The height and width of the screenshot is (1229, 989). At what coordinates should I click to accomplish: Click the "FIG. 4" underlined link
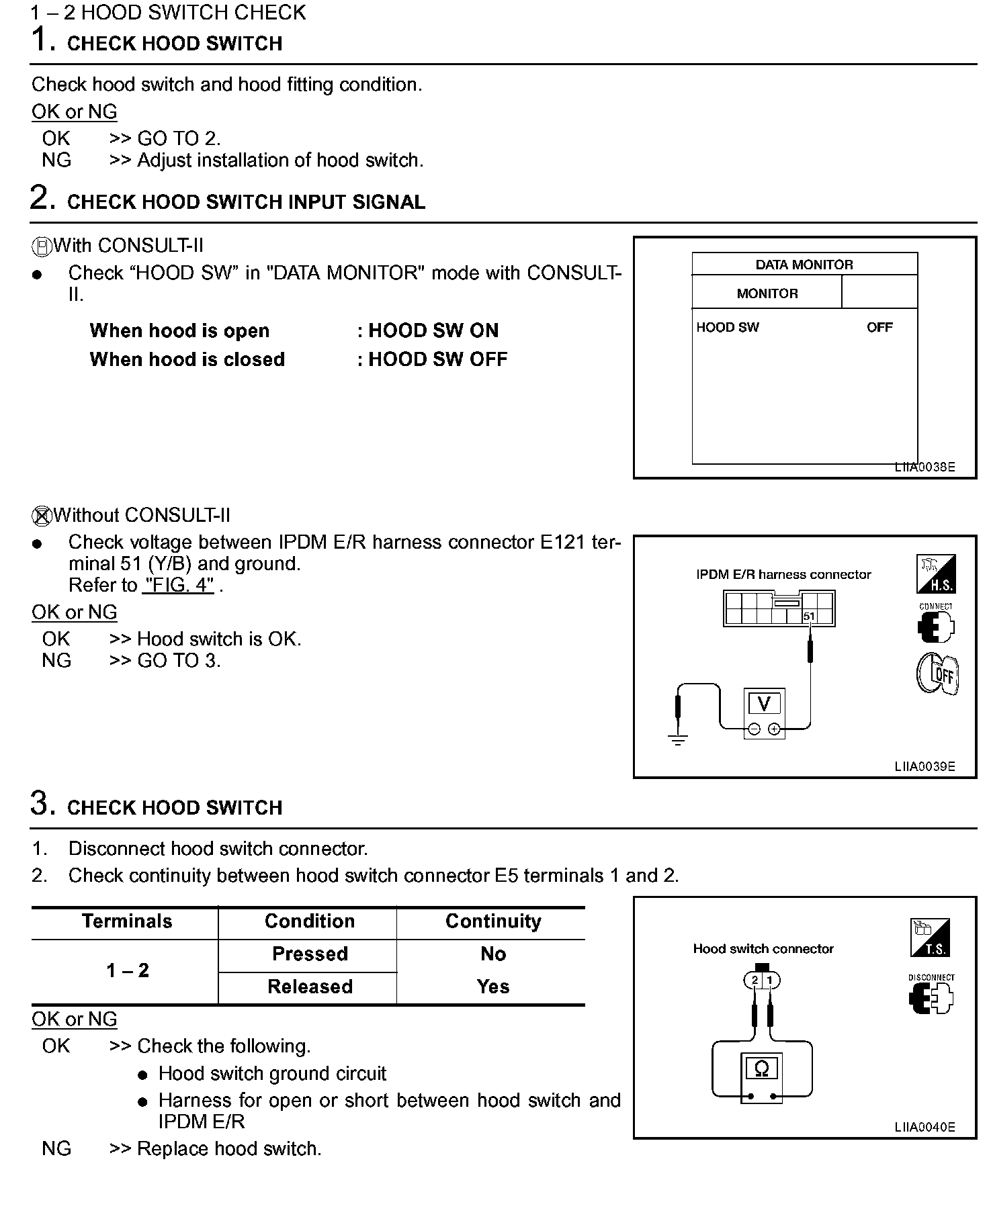tap(178, 585)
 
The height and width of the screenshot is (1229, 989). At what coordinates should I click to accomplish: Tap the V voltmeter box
tap(764, 703)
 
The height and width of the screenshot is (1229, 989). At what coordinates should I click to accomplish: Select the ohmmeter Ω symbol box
tap(761, 1068)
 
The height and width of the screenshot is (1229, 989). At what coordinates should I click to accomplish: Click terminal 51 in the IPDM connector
tap(809, 616)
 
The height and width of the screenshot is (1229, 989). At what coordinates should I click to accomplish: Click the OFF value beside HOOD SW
tap(879, 327)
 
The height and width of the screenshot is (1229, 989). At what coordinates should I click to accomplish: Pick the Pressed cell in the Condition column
tap(310, 954)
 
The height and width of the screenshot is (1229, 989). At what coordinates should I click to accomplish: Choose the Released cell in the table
tap(310, 987)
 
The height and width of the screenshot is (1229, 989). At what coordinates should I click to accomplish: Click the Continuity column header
tap(493, 921)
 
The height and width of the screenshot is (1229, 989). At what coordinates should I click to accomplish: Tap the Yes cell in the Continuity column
tap(493, 987)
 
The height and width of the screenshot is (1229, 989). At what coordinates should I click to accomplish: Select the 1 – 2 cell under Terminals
tap(128, 970)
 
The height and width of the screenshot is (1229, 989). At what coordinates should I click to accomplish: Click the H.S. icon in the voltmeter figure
tap(936, 574)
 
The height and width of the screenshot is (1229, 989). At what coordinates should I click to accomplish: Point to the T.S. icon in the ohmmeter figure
tap(931, 938)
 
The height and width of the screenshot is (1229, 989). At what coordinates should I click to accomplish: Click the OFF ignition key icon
tap(938, 674)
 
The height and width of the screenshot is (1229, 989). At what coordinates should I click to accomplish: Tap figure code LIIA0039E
tap(924, 766)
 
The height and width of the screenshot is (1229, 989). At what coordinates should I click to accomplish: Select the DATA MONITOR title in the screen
tap(804, 265)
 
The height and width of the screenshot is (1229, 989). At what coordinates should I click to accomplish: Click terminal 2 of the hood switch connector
tap(755, 981)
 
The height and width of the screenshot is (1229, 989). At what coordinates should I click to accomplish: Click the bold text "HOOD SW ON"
tap(433, 330)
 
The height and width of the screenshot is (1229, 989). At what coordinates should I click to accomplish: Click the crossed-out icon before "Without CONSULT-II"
tap(41, 516)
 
